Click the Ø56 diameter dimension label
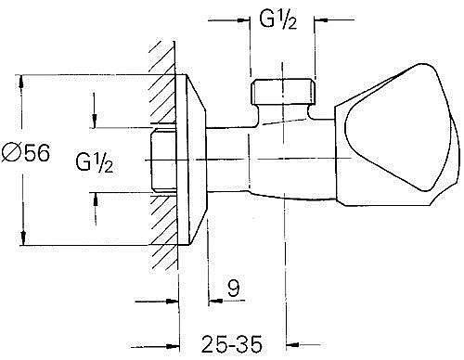(x=26, y=152)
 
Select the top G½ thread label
(x=278, y=20)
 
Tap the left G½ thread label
(x=95, y=162)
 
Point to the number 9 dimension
(x=234, y=288)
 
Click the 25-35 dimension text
(x=232, y=343)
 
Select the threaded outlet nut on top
(x=282, y=92)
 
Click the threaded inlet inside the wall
(x=163, y=161)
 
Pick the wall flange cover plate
(x=190, y=160)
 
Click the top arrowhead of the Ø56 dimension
(x=21, y=81)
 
